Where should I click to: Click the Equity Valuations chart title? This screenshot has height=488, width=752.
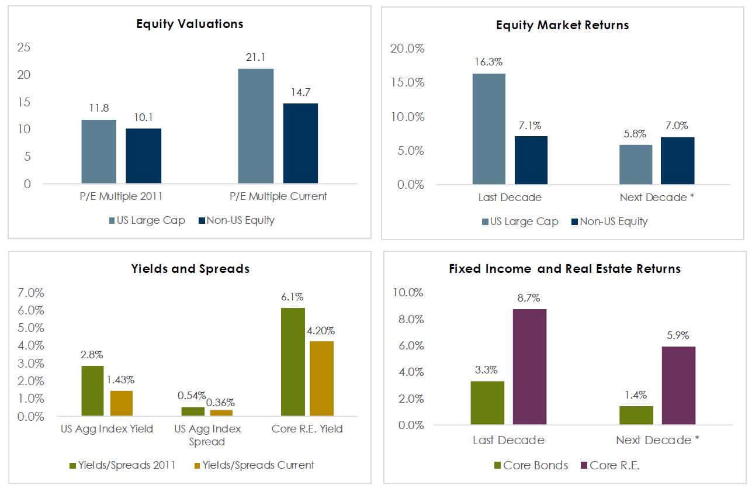pos(189,24)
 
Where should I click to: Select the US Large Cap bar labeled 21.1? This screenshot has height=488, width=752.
pos(256,126)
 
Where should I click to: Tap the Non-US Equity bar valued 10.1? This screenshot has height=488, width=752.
pos(144,155)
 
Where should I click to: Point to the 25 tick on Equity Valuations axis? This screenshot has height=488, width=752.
pos(24,47)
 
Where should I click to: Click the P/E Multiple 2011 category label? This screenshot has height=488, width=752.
pos(122,196)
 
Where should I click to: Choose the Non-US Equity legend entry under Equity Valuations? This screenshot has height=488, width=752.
pos(236,220)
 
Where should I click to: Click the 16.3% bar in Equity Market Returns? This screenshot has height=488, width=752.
pos(488,129)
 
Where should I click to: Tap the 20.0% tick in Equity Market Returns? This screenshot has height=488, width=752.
pos(407,49)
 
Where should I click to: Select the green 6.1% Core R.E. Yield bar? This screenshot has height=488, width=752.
pos(293,362)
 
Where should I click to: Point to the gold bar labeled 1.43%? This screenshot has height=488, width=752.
pos(122,403)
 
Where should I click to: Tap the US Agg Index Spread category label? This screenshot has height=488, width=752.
pos(207,435)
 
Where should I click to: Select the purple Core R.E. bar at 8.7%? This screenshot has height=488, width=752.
pos(529,366)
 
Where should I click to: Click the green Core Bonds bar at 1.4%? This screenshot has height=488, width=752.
pos(636,415)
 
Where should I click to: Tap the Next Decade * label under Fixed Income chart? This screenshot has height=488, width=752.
pos(657,440)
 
